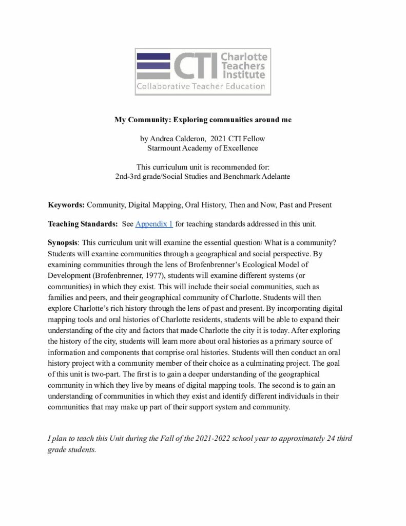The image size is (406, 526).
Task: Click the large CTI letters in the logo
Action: tap(193, 66)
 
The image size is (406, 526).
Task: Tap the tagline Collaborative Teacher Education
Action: tap(200, 86)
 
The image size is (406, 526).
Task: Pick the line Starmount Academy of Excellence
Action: tap(203, 148)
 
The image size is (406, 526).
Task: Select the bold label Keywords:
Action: tap(66, 204)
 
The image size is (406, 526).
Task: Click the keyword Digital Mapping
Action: tap(152, 204)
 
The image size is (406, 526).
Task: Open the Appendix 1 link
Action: tap(154, 224)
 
